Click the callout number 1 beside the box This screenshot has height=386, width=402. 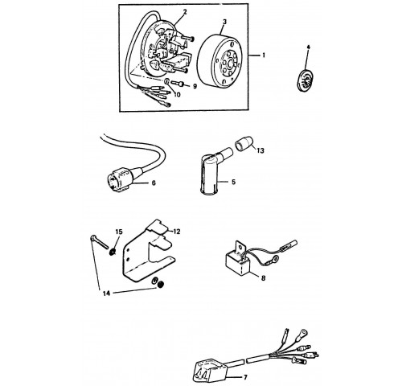[264, 55]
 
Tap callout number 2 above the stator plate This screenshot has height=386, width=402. [185, 12]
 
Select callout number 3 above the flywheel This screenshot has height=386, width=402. [224, 22]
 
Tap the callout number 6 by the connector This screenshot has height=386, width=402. [154, 183]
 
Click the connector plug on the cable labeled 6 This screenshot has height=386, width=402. [121, 179]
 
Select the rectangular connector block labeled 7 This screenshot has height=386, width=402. [210, 371]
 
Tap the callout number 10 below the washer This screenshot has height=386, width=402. [177, 95]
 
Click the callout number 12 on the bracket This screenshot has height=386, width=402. [176, 232]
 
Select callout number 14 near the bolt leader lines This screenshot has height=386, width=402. [106, 294]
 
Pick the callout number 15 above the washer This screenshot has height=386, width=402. [119, 232]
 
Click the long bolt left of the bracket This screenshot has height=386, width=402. [99, 241]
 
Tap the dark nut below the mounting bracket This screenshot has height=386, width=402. [161, 284]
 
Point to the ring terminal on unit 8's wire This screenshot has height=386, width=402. [274, 259]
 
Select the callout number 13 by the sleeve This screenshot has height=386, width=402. [260, 150]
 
